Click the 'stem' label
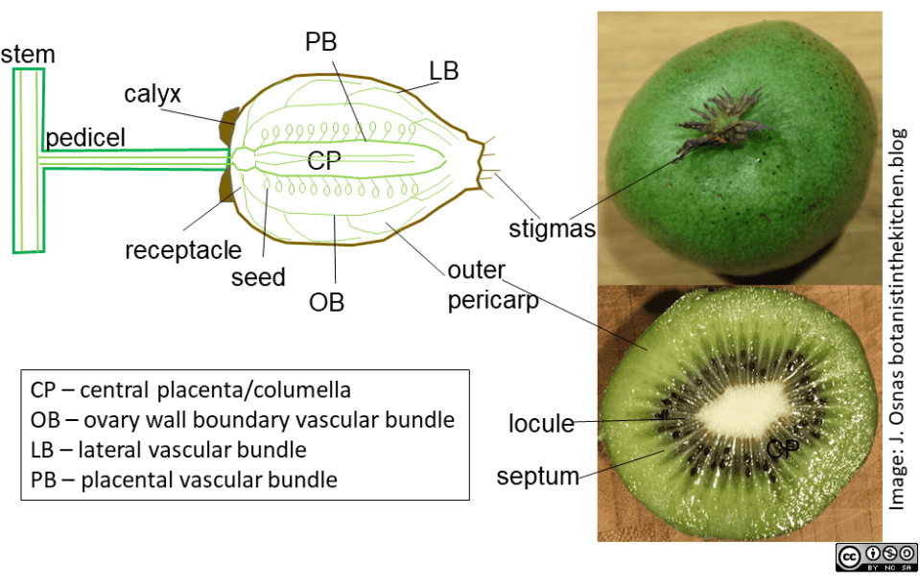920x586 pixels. point(28,54)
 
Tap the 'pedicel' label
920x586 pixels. point(85,136)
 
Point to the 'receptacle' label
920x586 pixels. point(183,251)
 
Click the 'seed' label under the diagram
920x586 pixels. point(258,277)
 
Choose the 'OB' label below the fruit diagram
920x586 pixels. point(326,302)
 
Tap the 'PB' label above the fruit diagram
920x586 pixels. point(321,43)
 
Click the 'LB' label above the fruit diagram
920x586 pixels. point(443,71)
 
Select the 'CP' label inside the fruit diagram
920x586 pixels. point(324,162)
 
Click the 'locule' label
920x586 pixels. point(541,423)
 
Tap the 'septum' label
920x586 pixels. point(538,475)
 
